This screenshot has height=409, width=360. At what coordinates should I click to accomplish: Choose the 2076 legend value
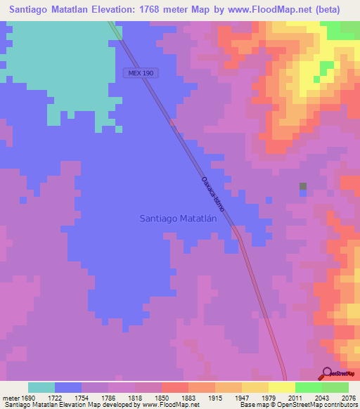point(348,398)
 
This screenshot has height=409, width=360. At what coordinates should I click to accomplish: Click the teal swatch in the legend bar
point(41,387)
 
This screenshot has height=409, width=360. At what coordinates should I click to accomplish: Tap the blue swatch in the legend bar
point(68,387)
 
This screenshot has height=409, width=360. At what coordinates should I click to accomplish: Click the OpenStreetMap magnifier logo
point(328,373)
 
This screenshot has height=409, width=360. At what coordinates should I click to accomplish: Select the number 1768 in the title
point(176,10)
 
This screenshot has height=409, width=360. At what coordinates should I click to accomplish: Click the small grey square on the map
point(303,186)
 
